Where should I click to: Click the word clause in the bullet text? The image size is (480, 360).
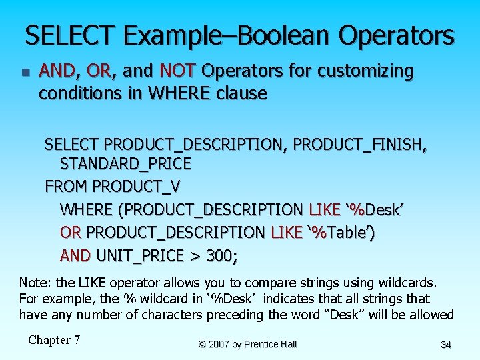241,93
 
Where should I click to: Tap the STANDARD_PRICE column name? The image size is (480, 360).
125,163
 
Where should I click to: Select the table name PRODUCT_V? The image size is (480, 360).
137,186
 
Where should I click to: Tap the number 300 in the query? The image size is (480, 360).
221,255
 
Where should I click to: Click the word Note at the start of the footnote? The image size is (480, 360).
33,283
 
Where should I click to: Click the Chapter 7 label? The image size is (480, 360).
54,340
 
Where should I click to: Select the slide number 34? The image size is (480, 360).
446,345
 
